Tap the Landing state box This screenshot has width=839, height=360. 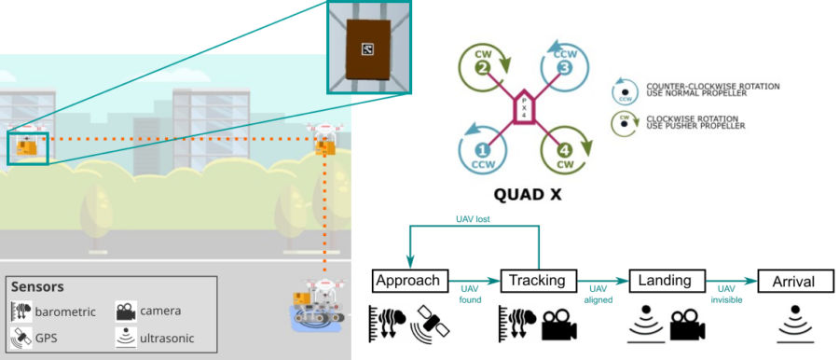(x=667, y=280)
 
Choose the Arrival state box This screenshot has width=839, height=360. (x=794, y=280)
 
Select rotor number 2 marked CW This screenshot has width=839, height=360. (x=483, y=68)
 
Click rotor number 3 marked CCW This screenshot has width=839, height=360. (x=563, y=68)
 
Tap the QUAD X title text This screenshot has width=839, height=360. (x=523, y=197)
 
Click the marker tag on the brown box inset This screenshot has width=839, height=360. (x=365, y=49)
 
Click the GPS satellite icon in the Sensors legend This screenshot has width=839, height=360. (x=21, y=337)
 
